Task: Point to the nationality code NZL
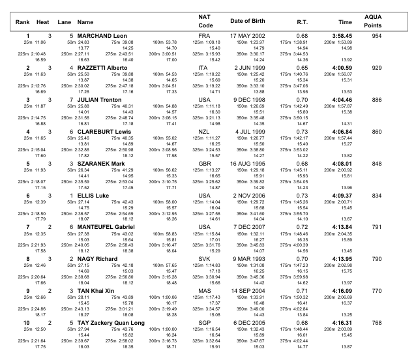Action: pos(204,131)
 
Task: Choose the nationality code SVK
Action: pos(204,259)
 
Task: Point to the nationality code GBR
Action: pos(204,163)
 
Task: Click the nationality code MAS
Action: pos(204,291)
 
